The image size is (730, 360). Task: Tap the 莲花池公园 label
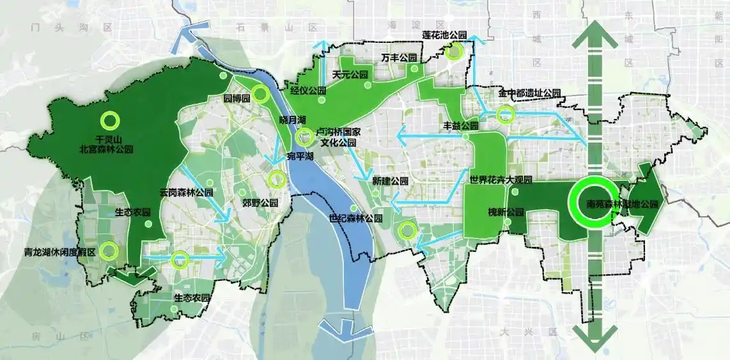click(446, 35)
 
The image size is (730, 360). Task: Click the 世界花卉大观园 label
click(501, 179)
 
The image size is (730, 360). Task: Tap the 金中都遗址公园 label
click(529, 94)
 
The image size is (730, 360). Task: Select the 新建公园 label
click(390, 182)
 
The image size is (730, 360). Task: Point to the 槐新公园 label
click(506, 212)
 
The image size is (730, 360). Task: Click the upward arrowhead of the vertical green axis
click(594, 35)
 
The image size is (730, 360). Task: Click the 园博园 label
click(236, 100)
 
